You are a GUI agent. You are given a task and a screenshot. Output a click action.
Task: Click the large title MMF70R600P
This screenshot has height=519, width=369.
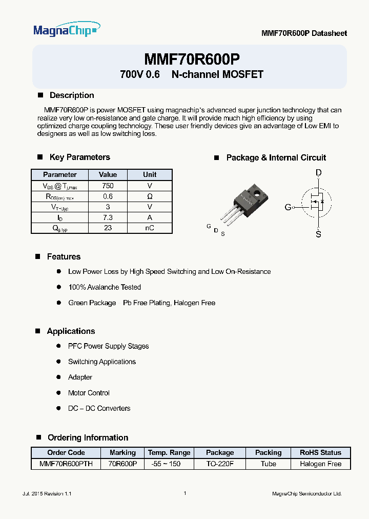[x=192, y=58]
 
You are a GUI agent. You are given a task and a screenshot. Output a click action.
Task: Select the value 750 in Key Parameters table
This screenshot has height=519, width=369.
[x=108, y=186]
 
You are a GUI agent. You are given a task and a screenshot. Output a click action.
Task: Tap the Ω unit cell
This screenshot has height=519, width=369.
[x=150, y=196]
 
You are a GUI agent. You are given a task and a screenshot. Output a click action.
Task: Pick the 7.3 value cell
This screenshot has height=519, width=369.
[x=108, y=217]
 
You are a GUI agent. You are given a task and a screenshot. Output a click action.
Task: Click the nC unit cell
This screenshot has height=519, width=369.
[x=150, y=228]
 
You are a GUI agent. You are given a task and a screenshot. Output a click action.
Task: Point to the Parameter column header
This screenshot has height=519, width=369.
[x=60, y=175]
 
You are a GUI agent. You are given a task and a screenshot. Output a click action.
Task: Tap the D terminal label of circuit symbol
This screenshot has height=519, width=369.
[x=318, y=173]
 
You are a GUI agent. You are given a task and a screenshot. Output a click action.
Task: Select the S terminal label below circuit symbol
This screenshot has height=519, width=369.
[x=318, y=234]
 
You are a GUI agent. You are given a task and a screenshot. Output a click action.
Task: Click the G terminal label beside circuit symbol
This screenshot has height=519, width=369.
[x=288, y=207]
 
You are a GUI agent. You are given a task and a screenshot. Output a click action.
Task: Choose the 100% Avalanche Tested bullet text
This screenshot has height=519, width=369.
[x=105, y=287]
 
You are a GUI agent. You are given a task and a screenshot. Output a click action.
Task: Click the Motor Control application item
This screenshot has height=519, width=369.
[x=89, y=393]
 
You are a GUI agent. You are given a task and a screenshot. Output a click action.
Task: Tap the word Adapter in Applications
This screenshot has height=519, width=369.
[x=80, y=377]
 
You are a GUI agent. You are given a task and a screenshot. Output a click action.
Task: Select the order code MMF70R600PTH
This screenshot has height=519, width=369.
[x=66, y=464]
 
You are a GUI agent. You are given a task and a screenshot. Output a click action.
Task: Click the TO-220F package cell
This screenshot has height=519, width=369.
[x=220, y=464]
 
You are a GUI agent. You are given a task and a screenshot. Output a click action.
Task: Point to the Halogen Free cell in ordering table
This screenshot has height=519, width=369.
[x=320, y=464]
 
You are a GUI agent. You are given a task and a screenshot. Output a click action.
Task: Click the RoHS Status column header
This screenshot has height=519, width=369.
[x=320, y=453]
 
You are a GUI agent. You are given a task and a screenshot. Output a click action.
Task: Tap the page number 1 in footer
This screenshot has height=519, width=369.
[x=184, y=493]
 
